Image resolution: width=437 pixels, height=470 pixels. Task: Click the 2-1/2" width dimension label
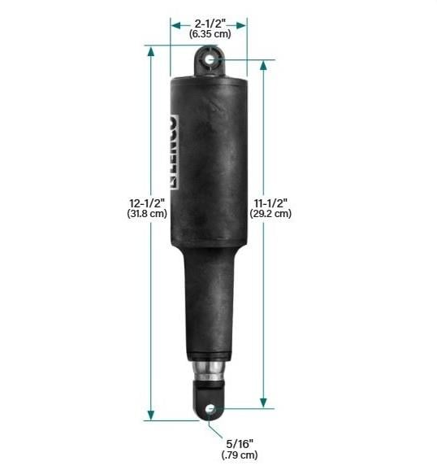click(209, 24)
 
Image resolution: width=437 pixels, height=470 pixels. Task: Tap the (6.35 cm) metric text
click(209, 35)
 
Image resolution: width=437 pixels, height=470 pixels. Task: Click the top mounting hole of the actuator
click(210, 59)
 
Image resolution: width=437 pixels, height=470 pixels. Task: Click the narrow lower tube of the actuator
click(210, 309)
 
